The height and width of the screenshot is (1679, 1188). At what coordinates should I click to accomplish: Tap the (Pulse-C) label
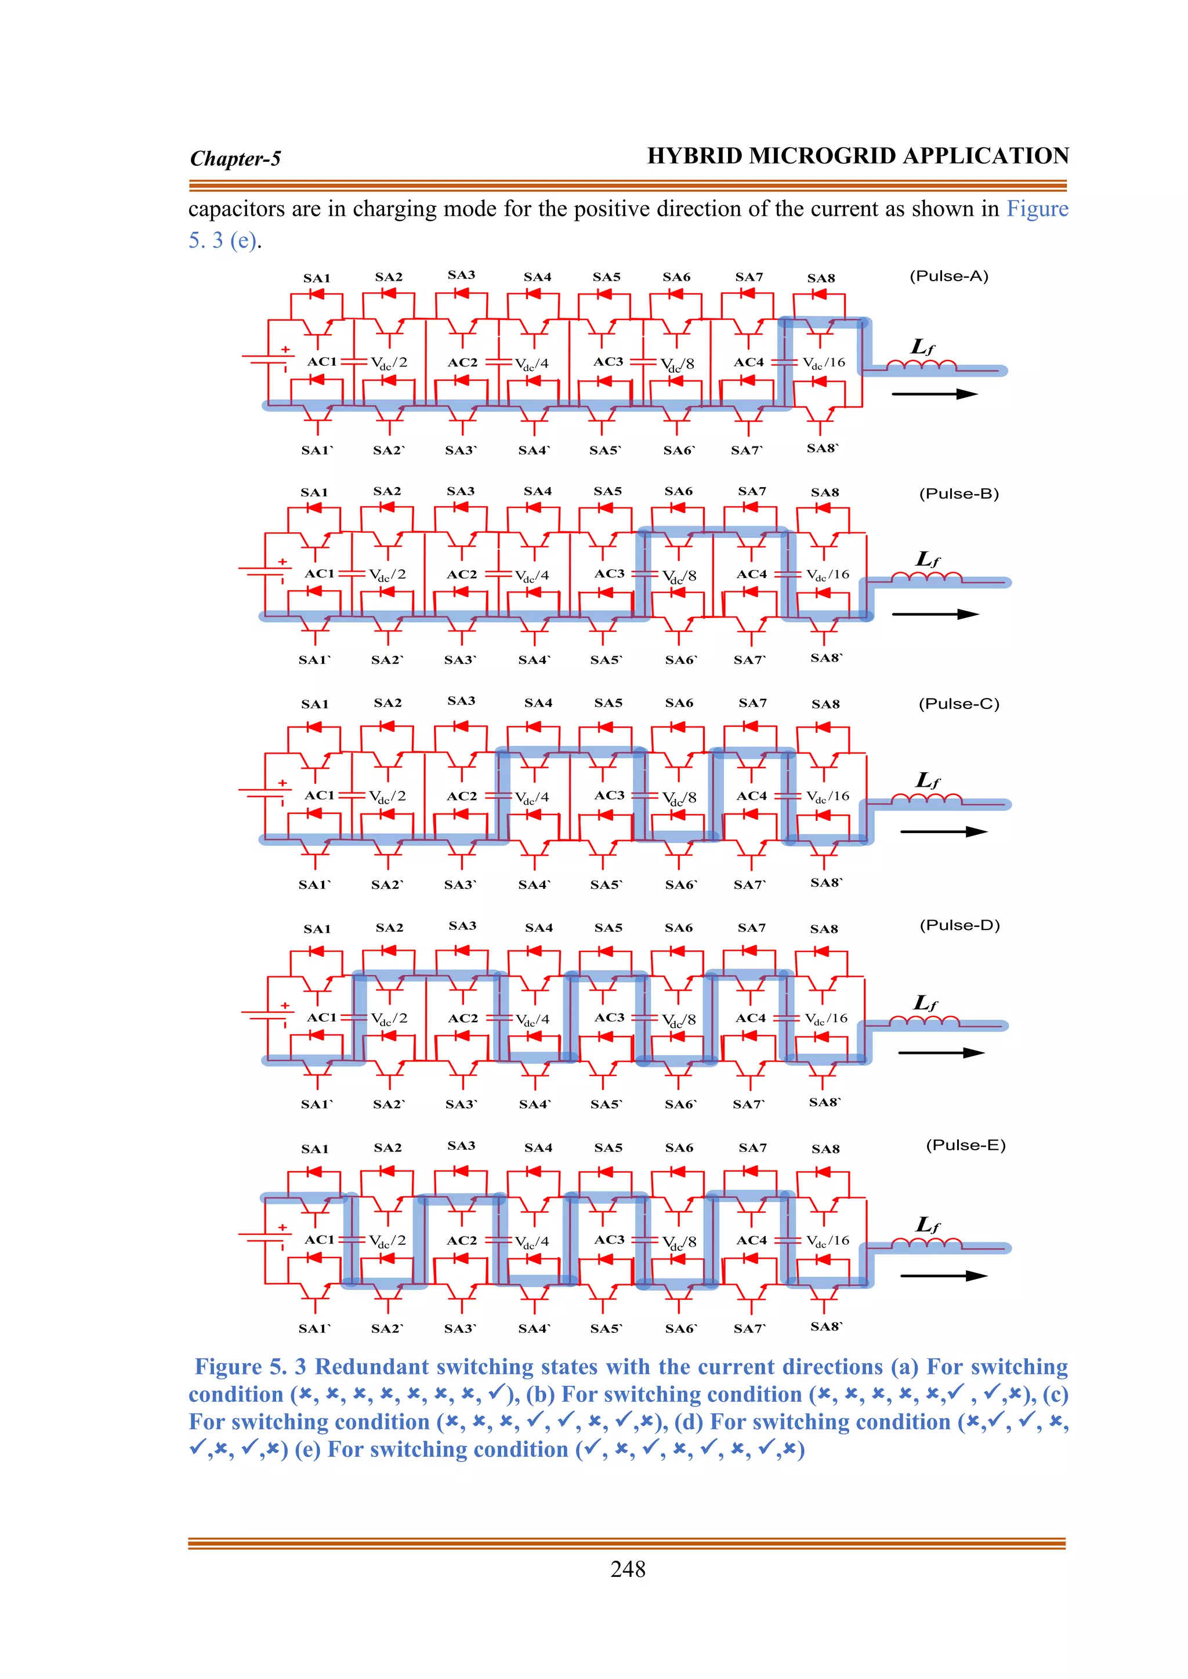(x=958, y=704)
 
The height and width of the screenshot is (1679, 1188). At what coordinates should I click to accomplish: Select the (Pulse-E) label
(x=966, y=1145)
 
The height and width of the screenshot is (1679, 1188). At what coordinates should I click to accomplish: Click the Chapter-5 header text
(x=236, y=159)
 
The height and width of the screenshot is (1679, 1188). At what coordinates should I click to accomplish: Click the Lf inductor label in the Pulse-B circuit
(x=928, y=559)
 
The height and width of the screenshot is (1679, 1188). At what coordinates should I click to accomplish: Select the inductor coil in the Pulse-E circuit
(x=927, y=1244)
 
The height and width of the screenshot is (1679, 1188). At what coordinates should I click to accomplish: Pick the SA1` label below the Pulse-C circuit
(x=314, y=885)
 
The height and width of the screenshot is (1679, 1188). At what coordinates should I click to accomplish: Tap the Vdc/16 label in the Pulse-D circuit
(x=826, y=1018)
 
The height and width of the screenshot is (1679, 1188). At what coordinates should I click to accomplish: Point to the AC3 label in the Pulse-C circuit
(x=609, y=795)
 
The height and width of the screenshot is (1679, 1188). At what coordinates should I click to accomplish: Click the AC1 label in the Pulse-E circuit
(x=320, y=1240)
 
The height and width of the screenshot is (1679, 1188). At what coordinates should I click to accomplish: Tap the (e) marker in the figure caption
(x=309, y=1449)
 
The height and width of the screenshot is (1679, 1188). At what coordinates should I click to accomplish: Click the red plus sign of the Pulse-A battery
(x=285, y=350)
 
